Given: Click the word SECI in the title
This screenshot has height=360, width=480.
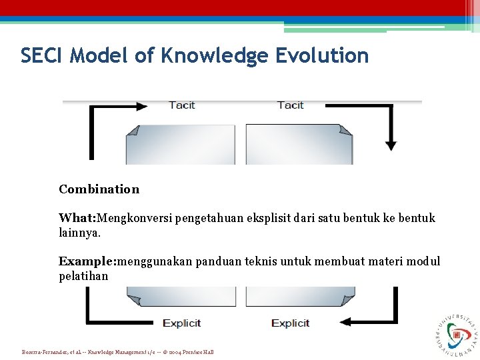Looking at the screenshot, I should [x=41, y=55].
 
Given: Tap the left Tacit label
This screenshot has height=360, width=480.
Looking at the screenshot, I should [x=181, y=105].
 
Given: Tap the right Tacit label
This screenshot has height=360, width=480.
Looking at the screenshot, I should [x=290, y=105].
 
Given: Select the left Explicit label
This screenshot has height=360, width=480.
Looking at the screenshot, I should [x=181, y=323].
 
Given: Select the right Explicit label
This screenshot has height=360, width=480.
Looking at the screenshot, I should [x=290, y=323].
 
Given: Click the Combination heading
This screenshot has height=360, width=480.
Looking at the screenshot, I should [x=99, y=189].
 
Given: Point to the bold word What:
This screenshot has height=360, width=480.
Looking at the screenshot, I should [x=78, y=218].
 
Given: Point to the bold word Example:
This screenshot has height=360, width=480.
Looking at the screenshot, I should [x=87, y=261].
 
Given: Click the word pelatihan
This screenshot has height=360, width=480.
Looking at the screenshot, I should [x=83, y=275].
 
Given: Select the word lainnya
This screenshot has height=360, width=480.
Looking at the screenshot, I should [x=79, y=233].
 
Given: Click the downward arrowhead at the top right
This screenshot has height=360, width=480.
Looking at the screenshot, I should [x=391, y=145].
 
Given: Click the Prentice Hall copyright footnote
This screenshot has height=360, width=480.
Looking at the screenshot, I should [x=118, y=351].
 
